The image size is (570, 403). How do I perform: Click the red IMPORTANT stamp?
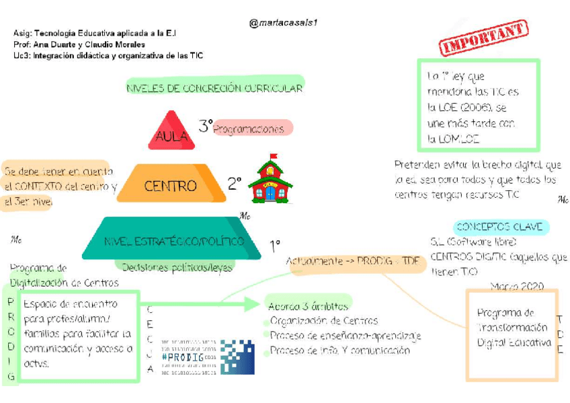(x=483, y=38)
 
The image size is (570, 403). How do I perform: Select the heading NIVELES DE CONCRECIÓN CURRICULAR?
(x=214, y=88)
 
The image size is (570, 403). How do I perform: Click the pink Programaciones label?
(x=249, y=129)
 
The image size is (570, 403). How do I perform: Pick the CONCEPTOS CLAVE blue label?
(x=500, y=227)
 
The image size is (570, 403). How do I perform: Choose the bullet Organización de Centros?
(x=324, y=321)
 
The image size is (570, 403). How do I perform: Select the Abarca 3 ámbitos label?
(x=309, y=305)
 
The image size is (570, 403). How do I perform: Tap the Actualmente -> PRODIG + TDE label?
(x=357, y=261)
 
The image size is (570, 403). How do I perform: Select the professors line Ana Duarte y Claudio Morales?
(x=83, y=44)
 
